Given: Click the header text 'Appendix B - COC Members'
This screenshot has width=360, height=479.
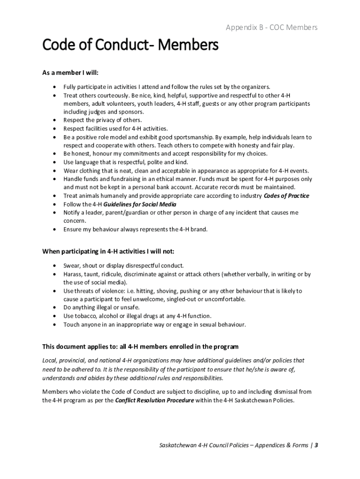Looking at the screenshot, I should click(x=271, y=28).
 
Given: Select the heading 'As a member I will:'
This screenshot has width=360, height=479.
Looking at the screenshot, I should click(x=71, y=73).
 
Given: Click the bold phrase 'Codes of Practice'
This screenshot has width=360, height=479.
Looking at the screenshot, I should click(x=286, y=196).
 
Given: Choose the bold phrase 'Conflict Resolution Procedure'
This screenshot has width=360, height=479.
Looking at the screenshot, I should click(x=154, y=400).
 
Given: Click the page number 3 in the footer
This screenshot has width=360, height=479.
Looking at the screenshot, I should click(x=317, y=445).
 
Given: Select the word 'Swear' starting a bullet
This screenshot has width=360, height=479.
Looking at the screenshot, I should click(x=72, y=265).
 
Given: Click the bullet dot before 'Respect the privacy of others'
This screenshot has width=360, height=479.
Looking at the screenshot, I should click(x=56, y=120).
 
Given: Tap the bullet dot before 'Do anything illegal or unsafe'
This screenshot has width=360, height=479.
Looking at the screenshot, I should click(x=56, y=307).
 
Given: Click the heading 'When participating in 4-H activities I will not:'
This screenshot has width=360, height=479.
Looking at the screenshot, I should click(x=108, y=251).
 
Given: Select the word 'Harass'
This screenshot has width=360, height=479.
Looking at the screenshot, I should click(x=73, y=274).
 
